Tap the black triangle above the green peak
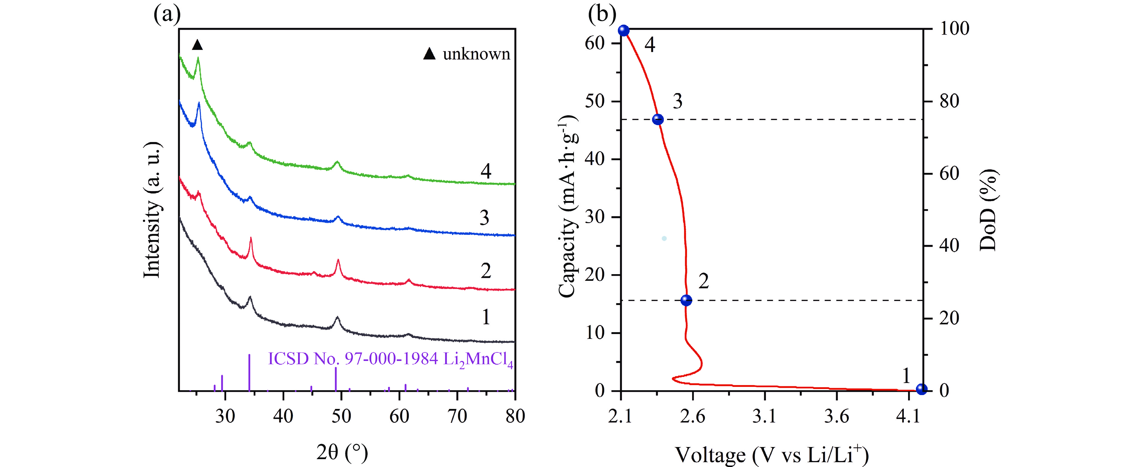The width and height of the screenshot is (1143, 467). pyautogui.click(x=197, y=45)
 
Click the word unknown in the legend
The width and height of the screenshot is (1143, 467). pyautogui.click(x=476, y=54)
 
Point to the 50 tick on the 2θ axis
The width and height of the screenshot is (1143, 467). pyautogui.click(x=341, y=416)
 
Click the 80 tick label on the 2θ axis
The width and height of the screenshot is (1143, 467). pyautogui.click(x=515, y=416)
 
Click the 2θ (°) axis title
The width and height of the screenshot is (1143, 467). pyautogui.click(x=342, y=452)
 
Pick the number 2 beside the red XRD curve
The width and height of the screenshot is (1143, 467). pyautogui.click(x=486, y=271)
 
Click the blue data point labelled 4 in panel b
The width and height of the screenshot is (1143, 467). pyautogui.click(x=624, y=31)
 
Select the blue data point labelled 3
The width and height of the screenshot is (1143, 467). pyautogui.click(x=658, y=119)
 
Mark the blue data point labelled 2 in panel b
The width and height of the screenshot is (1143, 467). pyautogui.click(x=686, y=300)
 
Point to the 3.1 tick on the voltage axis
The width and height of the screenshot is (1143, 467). pyautogui.click(x=764, y=416)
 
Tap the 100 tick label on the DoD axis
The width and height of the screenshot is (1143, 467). pyautogui.click(x=954, y=29)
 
